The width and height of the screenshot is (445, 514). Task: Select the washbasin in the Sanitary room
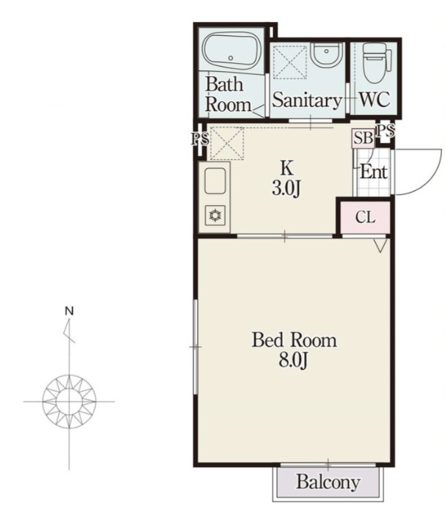pos(326,55)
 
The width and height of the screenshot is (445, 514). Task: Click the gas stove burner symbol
pos(215,216)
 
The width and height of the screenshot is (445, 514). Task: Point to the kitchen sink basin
pos(215,180)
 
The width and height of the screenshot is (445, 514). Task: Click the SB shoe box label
pos(363,138)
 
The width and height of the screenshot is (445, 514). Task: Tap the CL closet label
pos(365,217)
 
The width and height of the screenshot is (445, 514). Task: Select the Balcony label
pos(328,482)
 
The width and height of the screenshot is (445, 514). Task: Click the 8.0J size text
pos(293,360)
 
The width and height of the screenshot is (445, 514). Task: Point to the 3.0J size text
pos(286,188)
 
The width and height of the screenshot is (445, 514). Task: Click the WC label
pos(375,99)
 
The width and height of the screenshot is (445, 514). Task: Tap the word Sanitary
pos(307,100)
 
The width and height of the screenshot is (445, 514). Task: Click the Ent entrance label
pos(374,172)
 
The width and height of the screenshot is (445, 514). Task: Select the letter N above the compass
pos(69,311)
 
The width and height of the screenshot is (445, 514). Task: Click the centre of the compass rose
pos(69,401)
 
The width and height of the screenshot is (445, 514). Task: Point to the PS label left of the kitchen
pos(200,139)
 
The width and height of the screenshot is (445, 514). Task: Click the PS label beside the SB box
pos(385,131)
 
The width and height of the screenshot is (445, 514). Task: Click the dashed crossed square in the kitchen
pos(227,144)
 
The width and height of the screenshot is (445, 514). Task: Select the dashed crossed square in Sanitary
pos(290,62)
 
